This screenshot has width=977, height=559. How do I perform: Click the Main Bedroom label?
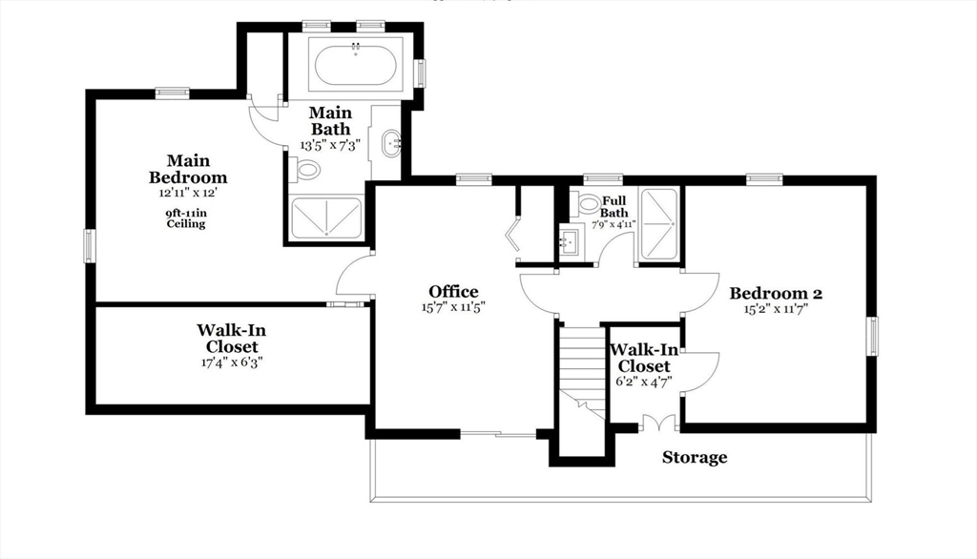click(188, 169)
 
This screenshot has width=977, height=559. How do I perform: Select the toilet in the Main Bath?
click(307, 170)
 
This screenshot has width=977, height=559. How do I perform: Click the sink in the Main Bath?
click(391, 146)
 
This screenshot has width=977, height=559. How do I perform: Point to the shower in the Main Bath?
click(326, 217)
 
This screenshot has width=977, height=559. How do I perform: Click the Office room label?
click(453, 291)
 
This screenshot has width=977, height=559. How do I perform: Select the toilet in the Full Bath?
click(586, 203)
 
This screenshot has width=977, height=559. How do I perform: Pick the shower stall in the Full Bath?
click(658, 224)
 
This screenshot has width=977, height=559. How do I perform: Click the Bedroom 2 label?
click(776, 293)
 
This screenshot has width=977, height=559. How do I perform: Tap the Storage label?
click(695, 458)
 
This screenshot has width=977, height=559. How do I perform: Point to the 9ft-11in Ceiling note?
click(186, 218)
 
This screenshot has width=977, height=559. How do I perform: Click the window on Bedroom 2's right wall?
click(871, 336)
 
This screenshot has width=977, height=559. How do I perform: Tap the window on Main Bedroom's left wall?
click(90, 245)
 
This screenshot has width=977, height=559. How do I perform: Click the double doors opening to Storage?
click(657, 424)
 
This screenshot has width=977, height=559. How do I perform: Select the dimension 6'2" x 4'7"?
click(643, 381)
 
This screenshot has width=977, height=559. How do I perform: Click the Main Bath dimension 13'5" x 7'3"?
click(330, 145)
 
